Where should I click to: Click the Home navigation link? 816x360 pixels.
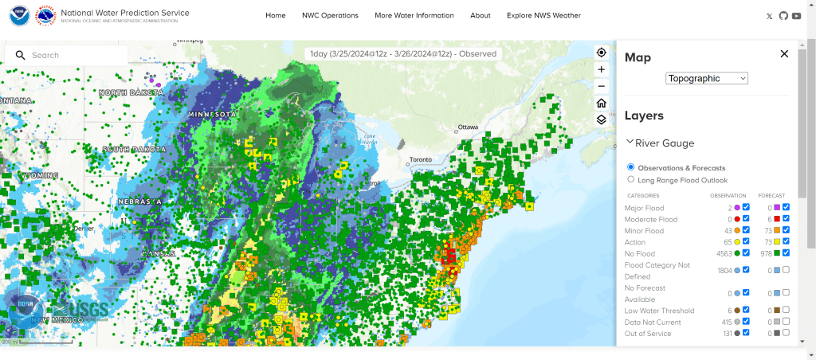(276, 15)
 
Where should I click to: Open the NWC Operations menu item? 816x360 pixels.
(330, 15)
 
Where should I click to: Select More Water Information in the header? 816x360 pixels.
(414, 15)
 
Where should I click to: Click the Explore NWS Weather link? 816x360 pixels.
(543, 15)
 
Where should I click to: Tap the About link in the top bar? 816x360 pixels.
(481, 15)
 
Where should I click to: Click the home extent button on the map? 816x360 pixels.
(602, 103)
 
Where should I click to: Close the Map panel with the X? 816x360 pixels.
(784, 53)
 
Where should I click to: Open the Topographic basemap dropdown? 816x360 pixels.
(707, 78)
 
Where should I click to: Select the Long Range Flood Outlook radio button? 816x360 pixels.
(631, 180)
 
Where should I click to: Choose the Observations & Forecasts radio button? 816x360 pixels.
(631, 167)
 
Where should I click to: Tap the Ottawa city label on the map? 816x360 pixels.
(467, 127)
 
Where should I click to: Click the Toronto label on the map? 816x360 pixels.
(420, 159)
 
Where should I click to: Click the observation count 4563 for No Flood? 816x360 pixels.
(724, 253)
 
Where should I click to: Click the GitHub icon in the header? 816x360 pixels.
(783, 16)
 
